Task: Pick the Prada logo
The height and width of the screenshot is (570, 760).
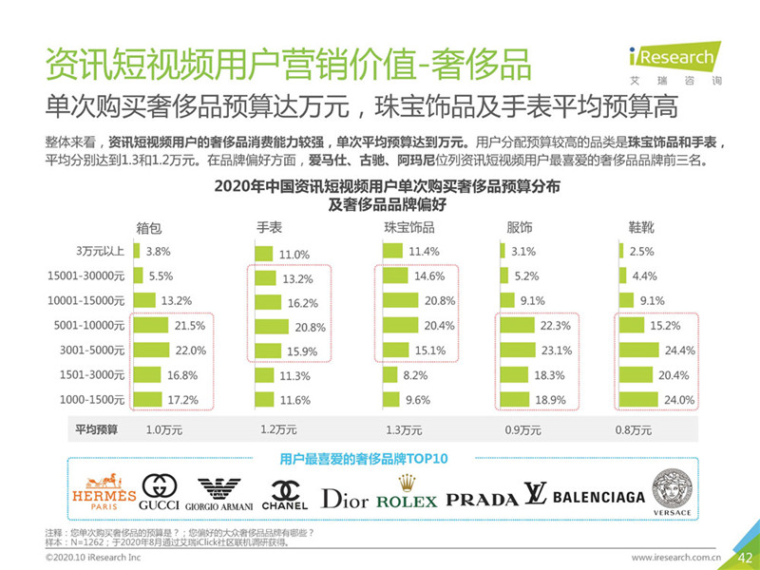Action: (x=482, y=499)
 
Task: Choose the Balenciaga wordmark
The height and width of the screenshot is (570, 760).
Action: (x=585, y=497)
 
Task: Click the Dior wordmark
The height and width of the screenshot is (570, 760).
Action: (x=345, y=498)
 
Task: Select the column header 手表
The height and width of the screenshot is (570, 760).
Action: (x=270, y=228)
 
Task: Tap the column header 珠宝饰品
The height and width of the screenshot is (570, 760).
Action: (x=408, y=228)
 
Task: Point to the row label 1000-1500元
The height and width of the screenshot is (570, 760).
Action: (x=93, y=400)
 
